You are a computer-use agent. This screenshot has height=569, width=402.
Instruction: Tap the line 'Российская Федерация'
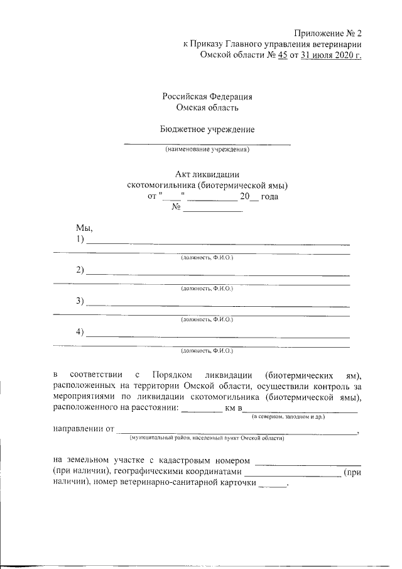pos(207,97)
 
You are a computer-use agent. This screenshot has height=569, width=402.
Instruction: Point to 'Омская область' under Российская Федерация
pos(207,108)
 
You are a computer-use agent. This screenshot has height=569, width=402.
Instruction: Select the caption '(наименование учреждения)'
pos(207,150)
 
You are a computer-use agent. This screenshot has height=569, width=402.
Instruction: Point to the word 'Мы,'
pos(84,229)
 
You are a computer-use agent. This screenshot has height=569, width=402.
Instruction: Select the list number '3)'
pos(80,301)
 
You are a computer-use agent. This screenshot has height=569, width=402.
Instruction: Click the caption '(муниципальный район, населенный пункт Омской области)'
pos(207,437)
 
